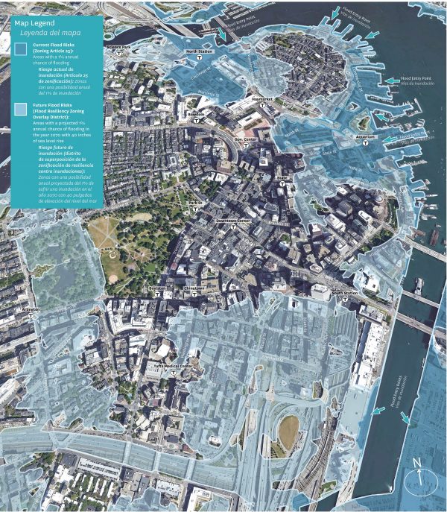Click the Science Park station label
coord(118,48)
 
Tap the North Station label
coord(199,51)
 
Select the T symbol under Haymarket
coord(263,107)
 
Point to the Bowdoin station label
coord(195,114)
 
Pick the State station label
coord(282,178)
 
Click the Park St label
coord(194,203)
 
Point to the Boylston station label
coord(156,287)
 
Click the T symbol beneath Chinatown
coord(194,295)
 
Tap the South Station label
coord(344,293)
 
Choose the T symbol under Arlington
coord(31,315)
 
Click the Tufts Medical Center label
coord(173,367)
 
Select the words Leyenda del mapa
coord(50,34)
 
